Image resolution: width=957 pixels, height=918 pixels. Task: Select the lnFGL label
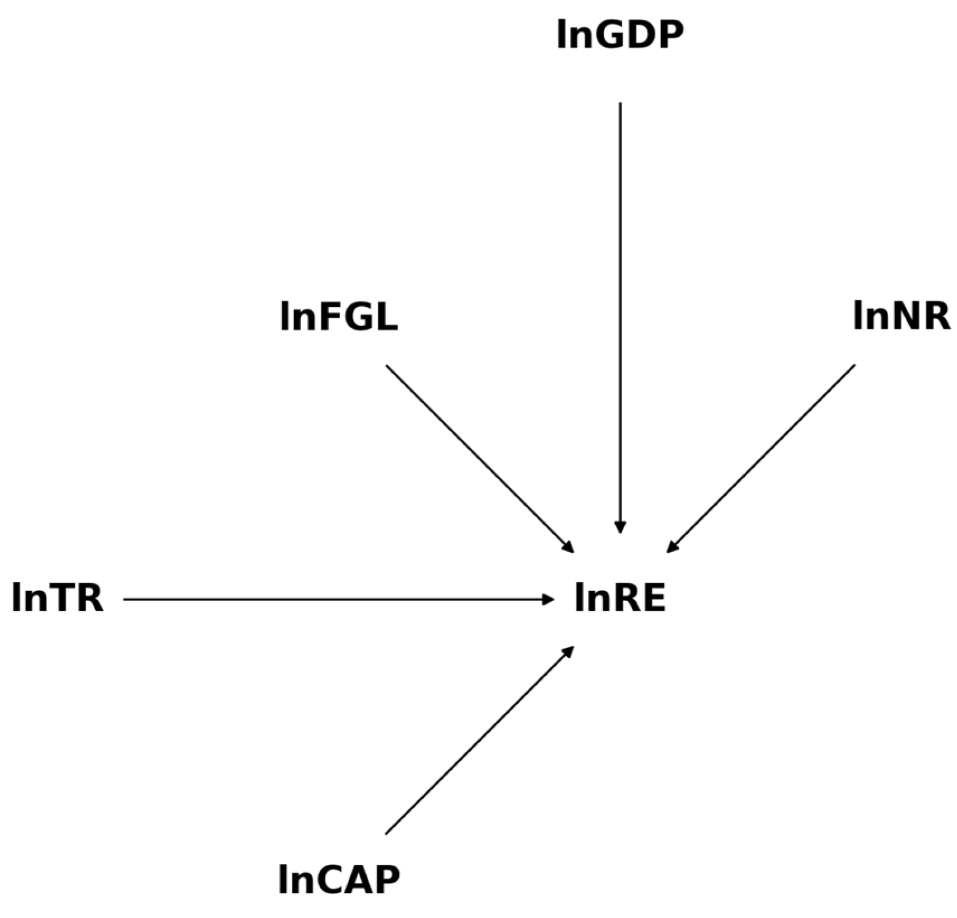coord(339,316)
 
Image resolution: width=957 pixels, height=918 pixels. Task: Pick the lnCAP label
coord(339,879)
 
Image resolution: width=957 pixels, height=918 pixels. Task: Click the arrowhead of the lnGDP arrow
coord(620,527)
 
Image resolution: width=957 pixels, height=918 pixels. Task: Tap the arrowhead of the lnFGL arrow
coord(568,547)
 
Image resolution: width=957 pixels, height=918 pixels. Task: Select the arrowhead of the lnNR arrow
coord(672,547)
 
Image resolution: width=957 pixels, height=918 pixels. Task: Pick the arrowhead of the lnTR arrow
coord(547,599)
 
